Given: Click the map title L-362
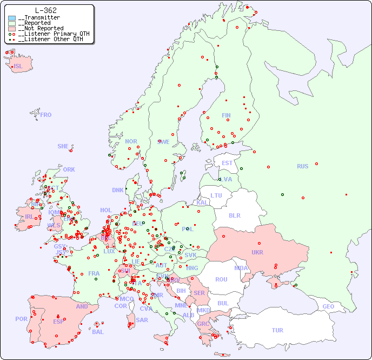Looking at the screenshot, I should pyautogui.click(x=46, y=10).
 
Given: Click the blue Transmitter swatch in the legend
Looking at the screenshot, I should pyautogui.click(x=12, y=18).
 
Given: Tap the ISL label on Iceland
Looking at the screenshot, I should pyautogui.click(x=18, y=67).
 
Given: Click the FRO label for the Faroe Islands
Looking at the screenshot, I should pyautogui.click(x=46, y=115).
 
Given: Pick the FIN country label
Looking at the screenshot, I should pyautogui.click(x=226, y=115).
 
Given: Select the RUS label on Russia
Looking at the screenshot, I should pyautogui.click(x=302, y=166).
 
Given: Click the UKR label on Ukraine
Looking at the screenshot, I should pyautogui.click(x=257, y=252).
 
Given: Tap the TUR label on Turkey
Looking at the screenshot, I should pyautogui.click(x=277, y=330).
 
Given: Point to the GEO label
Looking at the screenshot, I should pyautogui.click(x=328, y=307).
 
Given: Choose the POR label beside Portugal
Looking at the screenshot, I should pyautogui.click(x=21, y=319).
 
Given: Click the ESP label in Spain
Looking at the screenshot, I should pyautogui.click(x=58, y=322).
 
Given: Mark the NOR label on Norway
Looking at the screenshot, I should pyautogui.click(x=131, y=141).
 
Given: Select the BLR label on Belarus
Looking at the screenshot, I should pyautogui.click(x=234, y=215).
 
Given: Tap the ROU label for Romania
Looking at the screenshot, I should pyautogui.click(x=221, y=279).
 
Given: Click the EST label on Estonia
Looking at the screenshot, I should pyautogui.click(x=227, y=163).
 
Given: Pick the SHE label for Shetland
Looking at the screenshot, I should pyautogui.click(x=63, y=146).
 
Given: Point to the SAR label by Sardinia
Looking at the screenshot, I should pyautogui.click(x=142, y=320).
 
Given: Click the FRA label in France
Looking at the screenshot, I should pyautogui.click(x=94, y=273).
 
